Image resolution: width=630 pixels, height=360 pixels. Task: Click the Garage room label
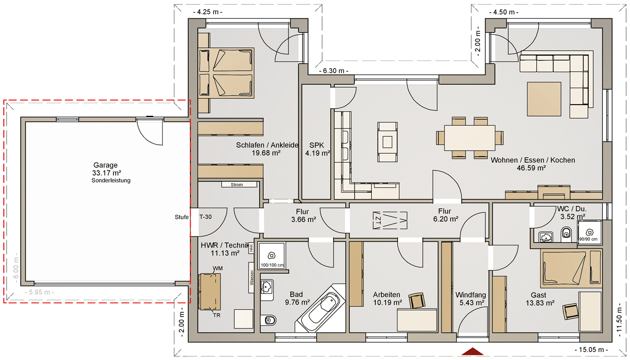pyautogui.click(x=105, y=165)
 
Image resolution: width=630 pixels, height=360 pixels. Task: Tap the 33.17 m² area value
pyautogui.click(x=106, y=173)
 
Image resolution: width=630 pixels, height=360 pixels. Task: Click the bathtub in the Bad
pyautogui.click(x=321, y=308)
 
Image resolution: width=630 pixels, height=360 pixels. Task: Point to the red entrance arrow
pyautogui.click(x=472, y=351)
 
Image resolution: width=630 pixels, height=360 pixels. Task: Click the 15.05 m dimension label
pyautogui.click(x=591, y=350)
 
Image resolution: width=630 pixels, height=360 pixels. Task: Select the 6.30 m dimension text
pyautogui.click(x=334, y=71)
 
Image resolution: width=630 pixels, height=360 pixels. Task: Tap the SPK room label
pyautogui.click(x=317, y=145)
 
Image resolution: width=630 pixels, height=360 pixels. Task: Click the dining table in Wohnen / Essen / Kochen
pyautogui.click(x=470, y=138)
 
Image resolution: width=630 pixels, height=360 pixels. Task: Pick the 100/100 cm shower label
pyautogui.click(x=272, y=265)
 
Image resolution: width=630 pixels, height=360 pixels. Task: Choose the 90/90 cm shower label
pyautogui.click(x=588, y=239)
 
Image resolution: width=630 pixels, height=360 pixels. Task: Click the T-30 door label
pyautogui.click(x=206, y=217)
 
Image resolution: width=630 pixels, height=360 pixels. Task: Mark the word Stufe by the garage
pyautogui.click(x=182, y=217)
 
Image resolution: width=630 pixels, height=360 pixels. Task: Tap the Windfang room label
pyautogui.click(x=471, y=295)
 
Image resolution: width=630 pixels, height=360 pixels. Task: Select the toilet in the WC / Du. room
pyautogui.click(x=566, y=234)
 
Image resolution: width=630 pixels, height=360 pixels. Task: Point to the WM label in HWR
pyautogui.click(x=217, y=268)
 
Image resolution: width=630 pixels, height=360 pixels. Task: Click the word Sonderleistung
pyautogui.click(x=111, y=180)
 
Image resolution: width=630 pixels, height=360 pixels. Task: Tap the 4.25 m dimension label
pyautogui.click(x=208, y=12)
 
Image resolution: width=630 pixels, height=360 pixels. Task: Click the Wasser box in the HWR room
pyautogui.click(x=252, y=277)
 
